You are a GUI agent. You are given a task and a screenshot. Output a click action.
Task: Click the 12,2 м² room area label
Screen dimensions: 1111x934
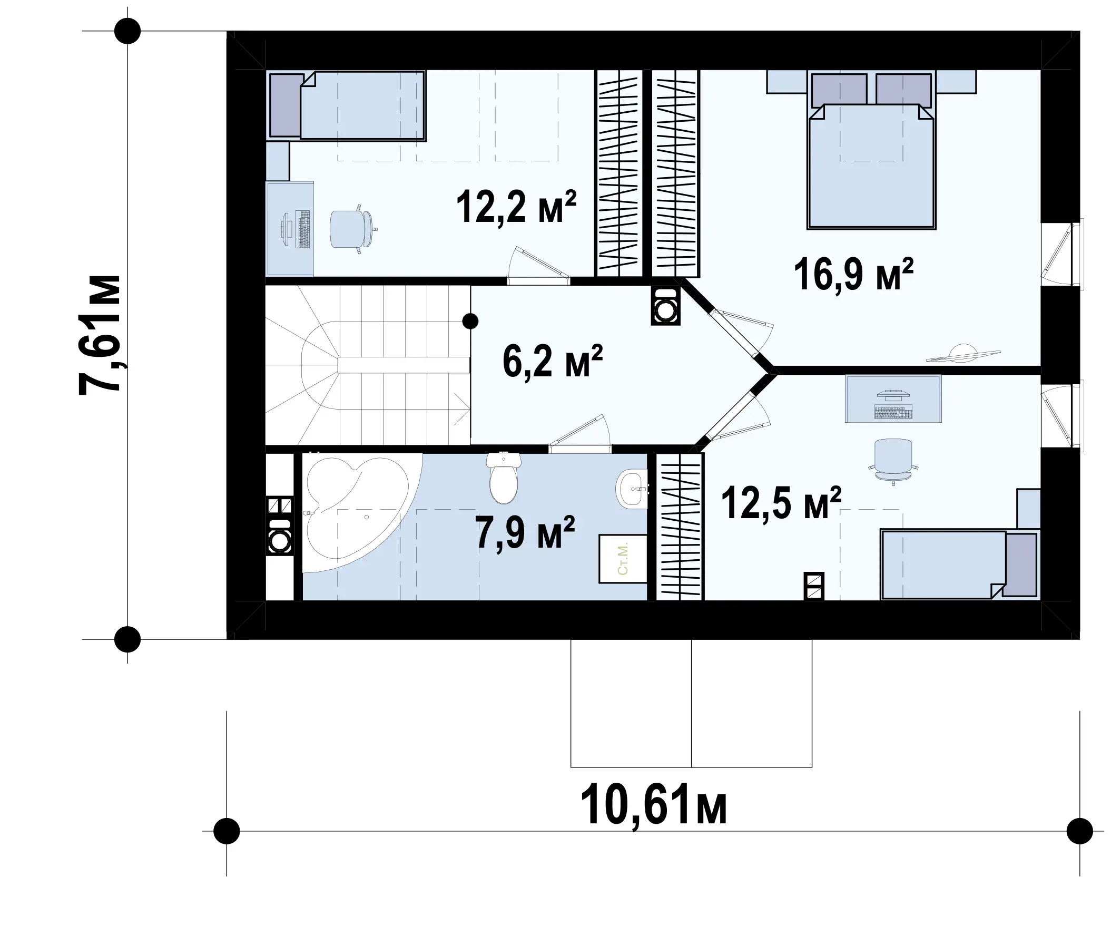[x=516, y=207]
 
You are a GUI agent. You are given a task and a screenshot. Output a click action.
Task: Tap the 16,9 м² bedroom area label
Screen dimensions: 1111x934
[x=853, y=274]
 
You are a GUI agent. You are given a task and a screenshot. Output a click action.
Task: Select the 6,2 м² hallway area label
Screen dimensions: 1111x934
[x=552, y=362]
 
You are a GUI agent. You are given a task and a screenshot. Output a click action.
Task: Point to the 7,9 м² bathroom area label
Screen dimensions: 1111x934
[x=525, y=533]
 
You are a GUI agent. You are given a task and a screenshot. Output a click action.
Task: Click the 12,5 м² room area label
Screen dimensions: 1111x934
[x=781, y=503]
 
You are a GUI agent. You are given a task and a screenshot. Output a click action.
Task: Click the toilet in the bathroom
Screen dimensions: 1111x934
[x=504, y=478]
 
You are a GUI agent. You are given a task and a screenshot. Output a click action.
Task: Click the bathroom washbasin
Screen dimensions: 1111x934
[x=632, y=489]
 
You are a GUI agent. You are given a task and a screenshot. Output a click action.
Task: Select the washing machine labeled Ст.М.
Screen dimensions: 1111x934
[x=623, y=559]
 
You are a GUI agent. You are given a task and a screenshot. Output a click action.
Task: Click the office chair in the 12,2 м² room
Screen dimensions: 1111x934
[x=352, y=229]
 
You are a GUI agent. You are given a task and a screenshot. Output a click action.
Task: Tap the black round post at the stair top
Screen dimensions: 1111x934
[x=470, y=321]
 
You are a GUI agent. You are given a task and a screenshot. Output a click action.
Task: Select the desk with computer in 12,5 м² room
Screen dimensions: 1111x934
[x=893, y=398]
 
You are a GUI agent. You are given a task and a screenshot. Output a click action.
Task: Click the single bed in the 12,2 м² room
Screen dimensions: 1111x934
[x=347, y=106]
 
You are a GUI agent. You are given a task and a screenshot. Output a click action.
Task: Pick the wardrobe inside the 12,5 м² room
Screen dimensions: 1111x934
[x=680, y=527]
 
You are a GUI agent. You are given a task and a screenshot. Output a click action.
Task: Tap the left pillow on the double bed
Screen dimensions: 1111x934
[x=839, y=89]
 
